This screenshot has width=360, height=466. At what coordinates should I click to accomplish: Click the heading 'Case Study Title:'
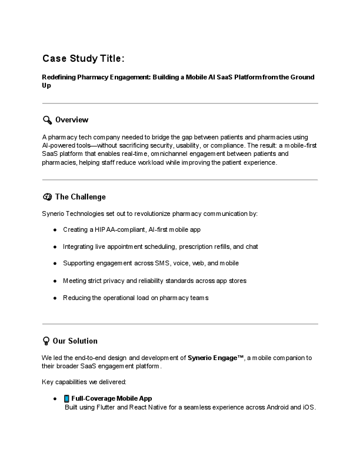pyautogui.click(x=83, y=58)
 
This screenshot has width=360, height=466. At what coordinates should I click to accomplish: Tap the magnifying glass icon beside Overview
pyautogui.click(x=47, y=120)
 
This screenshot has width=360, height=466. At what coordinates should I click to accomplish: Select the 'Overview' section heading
pyautogui.click(x=72, y=120)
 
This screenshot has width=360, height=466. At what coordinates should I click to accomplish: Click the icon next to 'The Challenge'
pyautogui.click(x=47, y=197)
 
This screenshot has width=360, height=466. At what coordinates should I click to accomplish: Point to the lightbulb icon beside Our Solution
pyautogui.click(x=46, y=341)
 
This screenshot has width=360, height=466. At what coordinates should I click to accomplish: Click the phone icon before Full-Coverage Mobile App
pyautogui.click(x=66, y=398)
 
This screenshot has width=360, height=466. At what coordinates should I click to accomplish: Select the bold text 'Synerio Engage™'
pyautogui.click(x=215, y=358)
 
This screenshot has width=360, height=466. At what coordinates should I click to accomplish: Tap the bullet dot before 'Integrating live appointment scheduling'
pyautogui.click(x=55, y=247)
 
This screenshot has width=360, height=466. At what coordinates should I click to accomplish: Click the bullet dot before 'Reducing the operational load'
pyautogui.click(x=55, y=298)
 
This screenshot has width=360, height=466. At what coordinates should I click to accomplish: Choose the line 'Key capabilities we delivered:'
pyautogui.click(x=80, y=382)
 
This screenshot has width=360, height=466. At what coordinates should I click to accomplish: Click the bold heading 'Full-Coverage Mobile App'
pyautogui.click(x=111, y=398)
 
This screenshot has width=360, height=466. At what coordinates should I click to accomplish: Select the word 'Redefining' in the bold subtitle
pyautogui.click(x=59, y=77)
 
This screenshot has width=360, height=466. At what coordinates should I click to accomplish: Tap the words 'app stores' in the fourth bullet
pyautogui.click(x=231, y=281)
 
